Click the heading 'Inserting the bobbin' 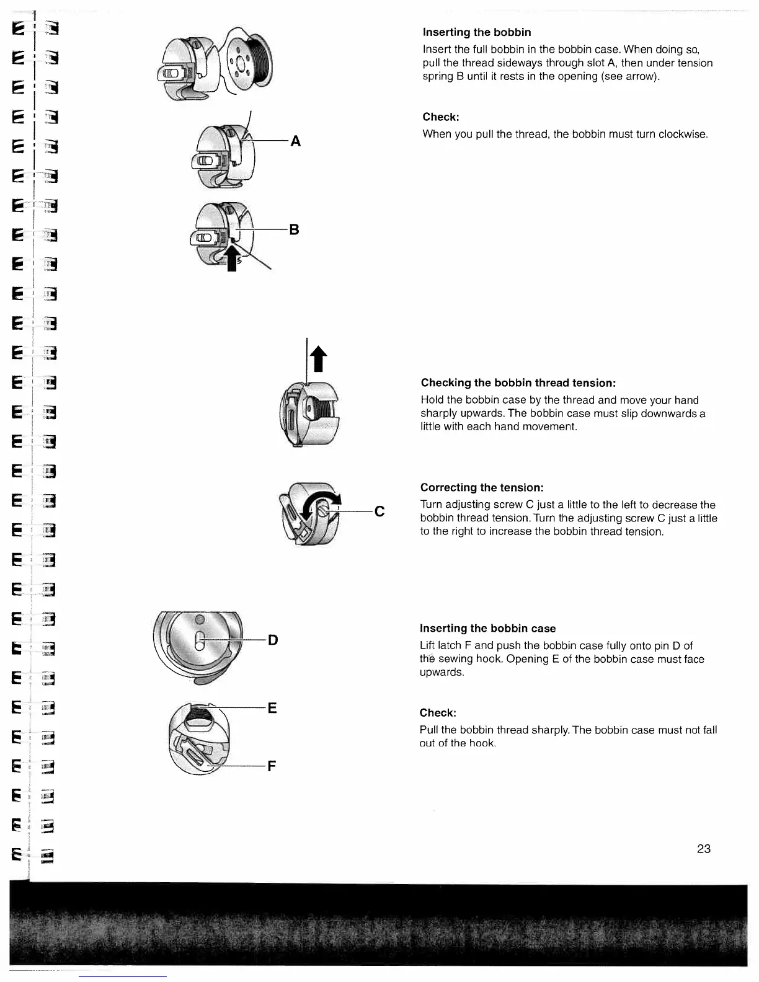[x=476, y=32]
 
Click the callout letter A [x=296, y=141]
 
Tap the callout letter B [x=295, y=229]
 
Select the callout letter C [x=379, y=511]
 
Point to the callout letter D [x=273, y=639]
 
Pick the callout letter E [x=272, y=707]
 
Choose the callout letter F [x=272, y=767]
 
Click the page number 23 [x=703, y=849]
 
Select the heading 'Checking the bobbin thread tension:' [x=518, y=383]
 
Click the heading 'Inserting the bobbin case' [x=487, y=628]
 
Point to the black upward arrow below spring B [x=233, y=257]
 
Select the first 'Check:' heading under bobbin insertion [x=440, y=117]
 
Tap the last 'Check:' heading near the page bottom [x=438, y=712]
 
